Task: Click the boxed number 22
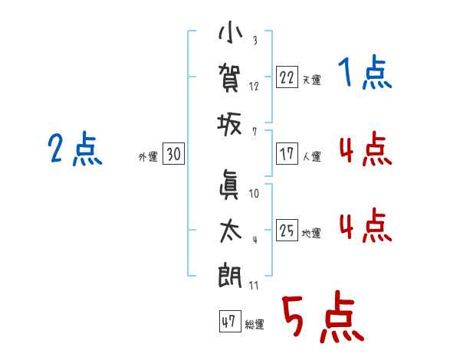pyautogui.click(x=287, y=77)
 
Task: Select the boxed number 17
pyautogui.click(x=287, y=154)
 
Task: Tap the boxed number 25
pyautogui.click(x=287, y=231)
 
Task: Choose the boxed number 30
pyautogui.click(x=173, y=155)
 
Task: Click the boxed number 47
pyautogui.click(x=228, y=322)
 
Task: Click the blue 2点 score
pyautogui.click(x=74, y=149)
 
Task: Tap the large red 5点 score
pyautogui.click(x=321, y=318)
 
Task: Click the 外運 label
pyautogui.click(x=148, y=157)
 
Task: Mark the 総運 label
pyautogui.click(x=255, y=325)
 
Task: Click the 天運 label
pyautogui.click(x=311, y=80)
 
